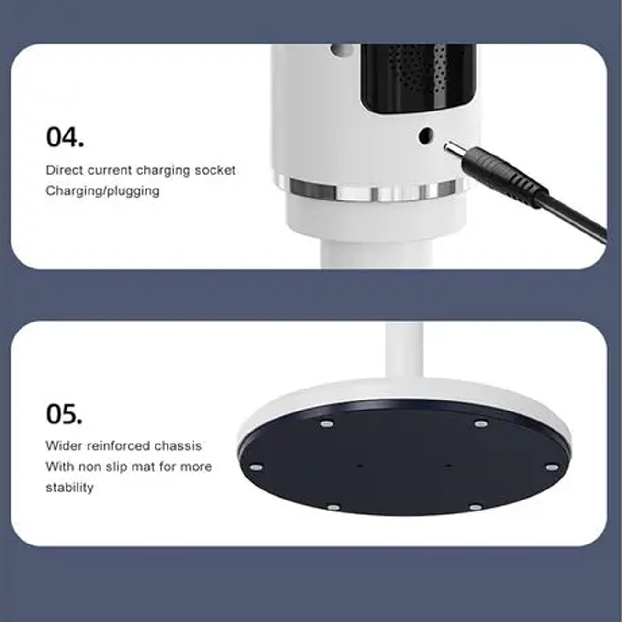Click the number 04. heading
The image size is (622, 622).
65,137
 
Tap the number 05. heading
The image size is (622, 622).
65,414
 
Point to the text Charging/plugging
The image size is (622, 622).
103,191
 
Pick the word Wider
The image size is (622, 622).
64,446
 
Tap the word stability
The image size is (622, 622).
70,488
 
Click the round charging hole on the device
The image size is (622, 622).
425,135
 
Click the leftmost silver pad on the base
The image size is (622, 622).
256,467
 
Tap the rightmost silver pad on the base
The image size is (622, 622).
552,467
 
